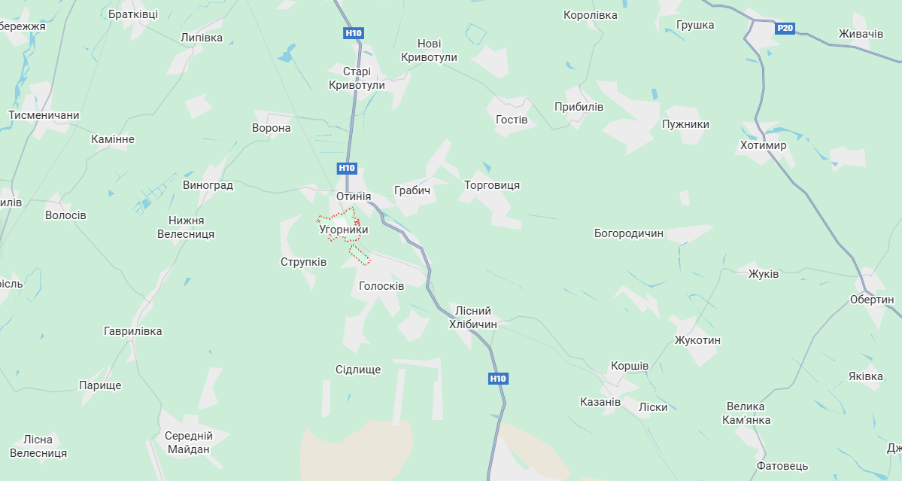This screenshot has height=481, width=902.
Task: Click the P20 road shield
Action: pyautogui.click(x=785, y=29)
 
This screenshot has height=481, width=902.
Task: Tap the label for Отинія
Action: pyautogui.click(x=354, y=196)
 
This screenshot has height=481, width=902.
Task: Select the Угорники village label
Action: pyautogui.click(x=344, y=228)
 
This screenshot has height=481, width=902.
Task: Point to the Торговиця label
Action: pyautogui.click(x=492, y=185)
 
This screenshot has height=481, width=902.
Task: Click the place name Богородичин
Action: pyautogui.click(x=629, y=233)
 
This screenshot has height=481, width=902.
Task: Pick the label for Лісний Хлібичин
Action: pyautogui.click(x=473, y=317)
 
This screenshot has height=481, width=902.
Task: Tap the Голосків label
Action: pyautogui.click(x=381, y=286)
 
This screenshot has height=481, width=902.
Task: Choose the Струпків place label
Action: pyautogui.click(x=303, y=262)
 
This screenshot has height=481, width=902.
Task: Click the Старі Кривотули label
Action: pyautogui.click(x=357, y=78)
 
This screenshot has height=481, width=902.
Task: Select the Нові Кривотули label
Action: pyautogui.click(x=430, y=50)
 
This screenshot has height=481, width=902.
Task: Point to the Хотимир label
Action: pyautogui.click(x=763, y=145)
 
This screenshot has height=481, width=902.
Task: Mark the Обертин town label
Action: pyautogui.click(x=871, y=300)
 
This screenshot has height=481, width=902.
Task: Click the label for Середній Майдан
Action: pyautogui.click(x=189, y=443)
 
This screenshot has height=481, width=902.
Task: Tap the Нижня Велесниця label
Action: pyautogui.click(x=186, y=227)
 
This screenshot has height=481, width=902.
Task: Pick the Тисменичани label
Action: pyautogui.click(x=44, y=115)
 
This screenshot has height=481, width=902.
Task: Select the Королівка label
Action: pyautogui.click(x=591, y=15)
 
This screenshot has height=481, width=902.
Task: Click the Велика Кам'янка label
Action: pyautogui.click(x=748, y=413)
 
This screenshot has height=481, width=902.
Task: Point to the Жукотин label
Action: pyautogui.click(x=697, y=340)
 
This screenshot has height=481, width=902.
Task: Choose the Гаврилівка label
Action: pyautogui.click(x=132, y=331)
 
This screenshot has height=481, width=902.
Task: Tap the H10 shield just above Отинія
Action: pyautogui.click(x=347, y=169)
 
